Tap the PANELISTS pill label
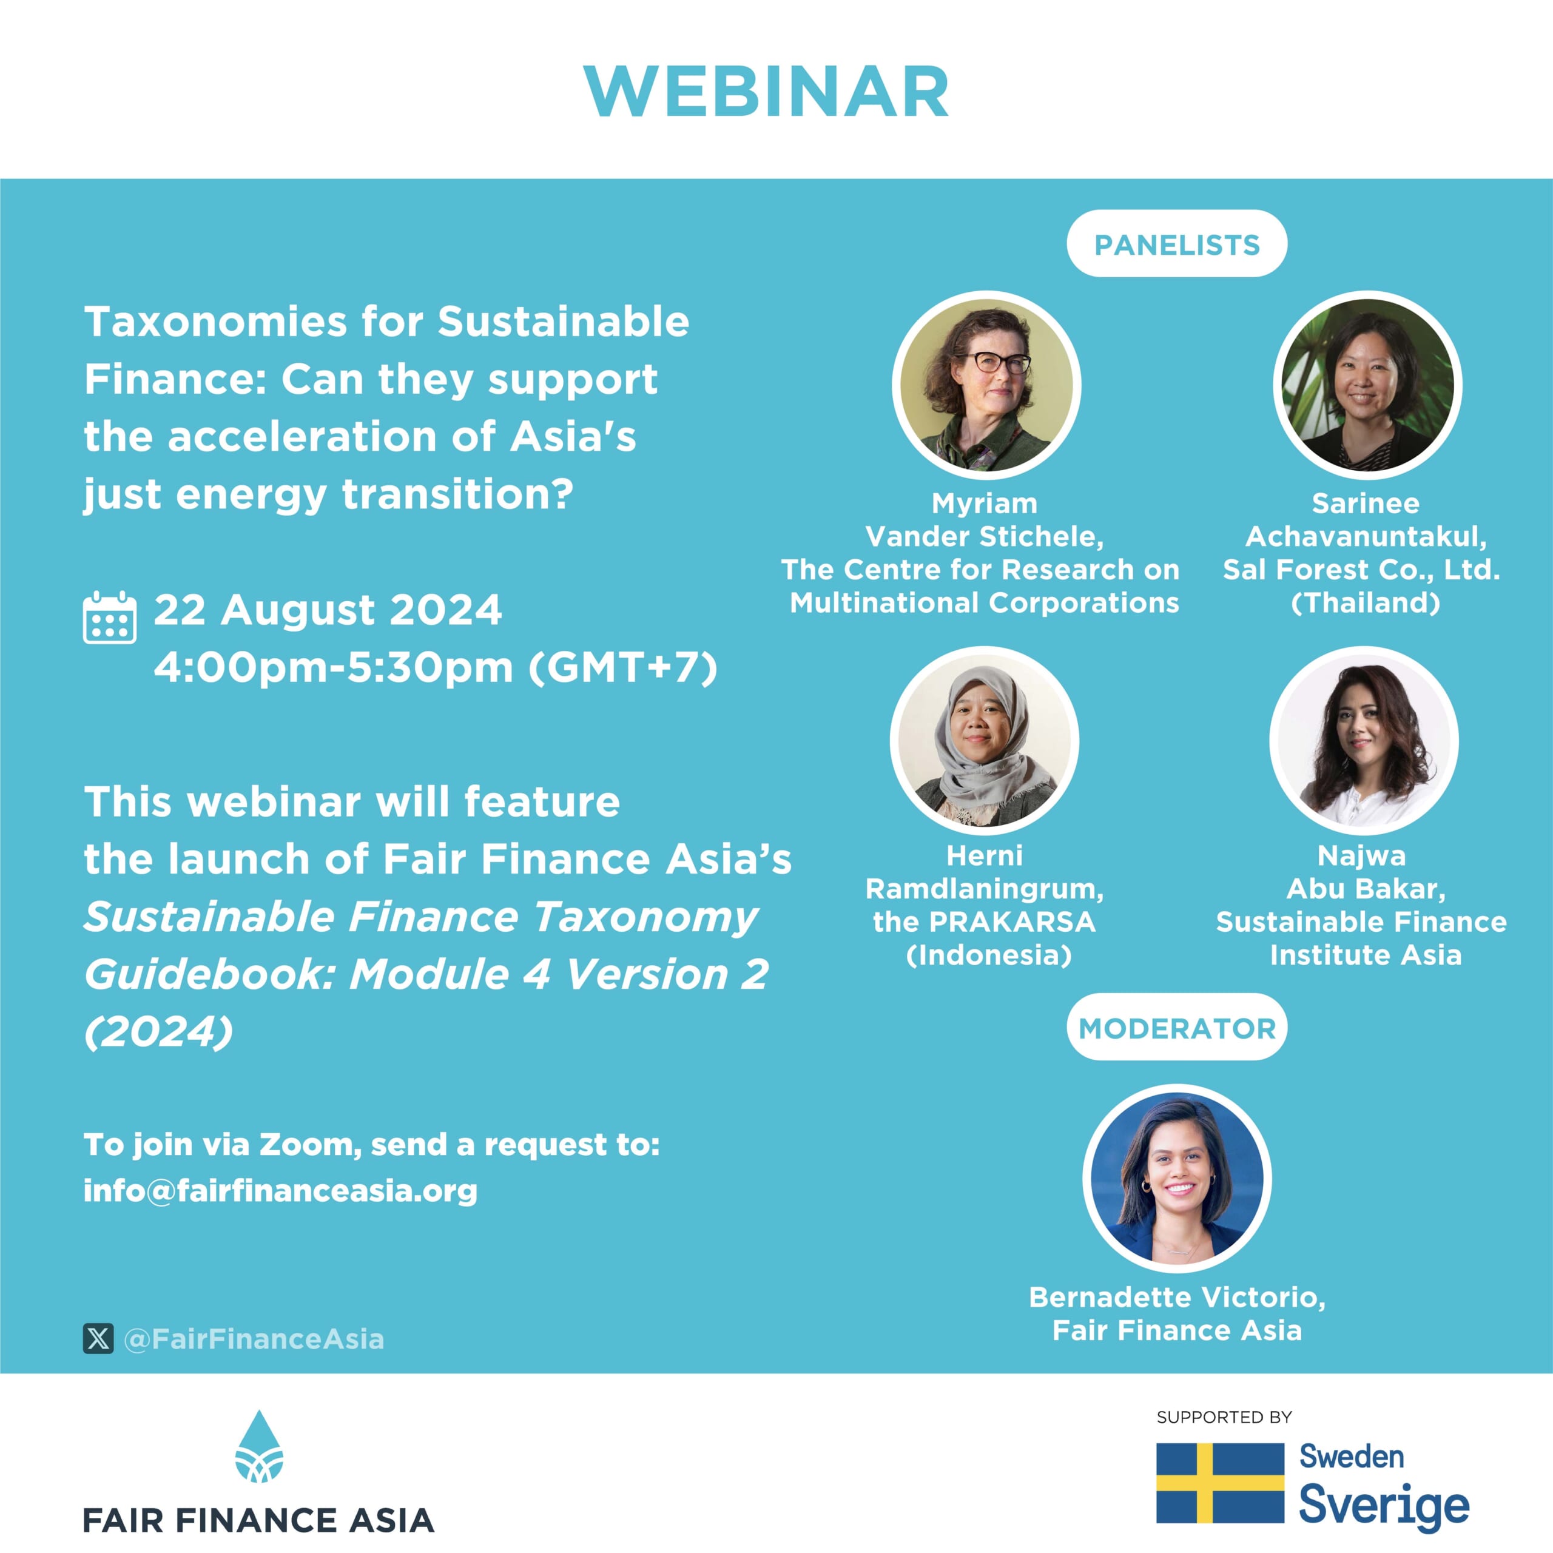(x=1177, y=244)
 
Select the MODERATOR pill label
(x=1177, y=1028)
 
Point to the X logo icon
(x=98, y=1338)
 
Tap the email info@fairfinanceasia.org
(x=280, y=1190)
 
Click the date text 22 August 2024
(x=328, y=610)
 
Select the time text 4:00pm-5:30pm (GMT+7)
(x=436, y=668)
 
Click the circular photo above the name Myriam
(x=986, y=385)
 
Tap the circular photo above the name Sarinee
(x=1367, y=385)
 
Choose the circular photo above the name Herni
(x=985, y=740)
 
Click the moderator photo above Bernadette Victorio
(x=1177, y=1179)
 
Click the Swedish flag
(x=1220, y=1483)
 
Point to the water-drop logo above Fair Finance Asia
(x=259, y=1447)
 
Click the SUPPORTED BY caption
(x=1224, y=1417)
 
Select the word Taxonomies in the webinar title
(x=215, y=322)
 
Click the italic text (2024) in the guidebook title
(x=159, y=1031)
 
